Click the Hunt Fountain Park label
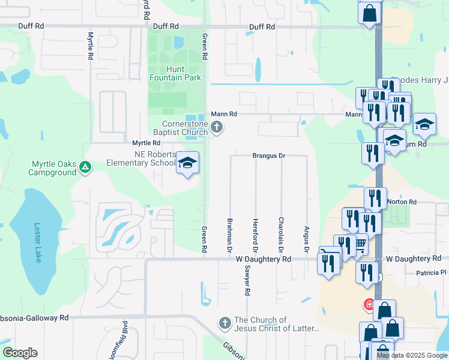175,73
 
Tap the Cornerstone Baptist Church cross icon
217,127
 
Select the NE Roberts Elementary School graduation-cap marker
187,163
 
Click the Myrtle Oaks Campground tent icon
85,166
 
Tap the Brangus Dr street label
268,155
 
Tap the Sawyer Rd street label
247,281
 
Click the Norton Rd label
402,202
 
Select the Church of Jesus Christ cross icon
225,323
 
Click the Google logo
20,353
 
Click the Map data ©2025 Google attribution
412,355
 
